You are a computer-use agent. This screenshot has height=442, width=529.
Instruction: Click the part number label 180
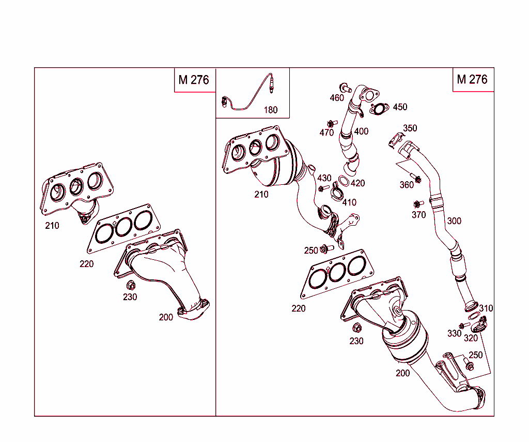click(270, 110)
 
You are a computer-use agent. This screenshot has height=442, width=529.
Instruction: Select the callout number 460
click(337, 98)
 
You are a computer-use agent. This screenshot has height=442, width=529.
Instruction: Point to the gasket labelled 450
click(380, 109)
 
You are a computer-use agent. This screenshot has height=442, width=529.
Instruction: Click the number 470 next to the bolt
click(326, 132)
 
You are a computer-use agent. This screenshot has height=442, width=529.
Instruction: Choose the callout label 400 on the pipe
click(361, 131)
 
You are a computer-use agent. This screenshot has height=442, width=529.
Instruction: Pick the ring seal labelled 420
click(343, 181)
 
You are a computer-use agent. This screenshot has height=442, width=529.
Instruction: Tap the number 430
click(324, 179)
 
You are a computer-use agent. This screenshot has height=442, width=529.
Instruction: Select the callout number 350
click(410, 128)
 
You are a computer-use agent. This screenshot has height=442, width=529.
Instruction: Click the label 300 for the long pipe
click(454, 221)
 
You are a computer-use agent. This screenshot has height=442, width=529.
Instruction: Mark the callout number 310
click(486, 308)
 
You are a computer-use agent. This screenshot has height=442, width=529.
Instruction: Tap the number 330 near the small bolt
click(454, 334)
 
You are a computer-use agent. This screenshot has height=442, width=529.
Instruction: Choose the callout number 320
click(471, 338)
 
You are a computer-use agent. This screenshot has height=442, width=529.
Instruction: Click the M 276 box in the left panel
click(194, 80)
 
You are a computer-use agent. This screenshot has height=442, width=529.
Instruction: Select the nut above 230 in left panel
click(131, 285)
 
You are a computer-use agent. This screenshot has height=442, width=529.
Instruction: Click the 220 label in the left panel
click(87, 264)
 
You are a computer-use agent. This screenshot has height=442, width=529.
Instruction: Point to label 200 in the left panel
click(166, 317)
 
